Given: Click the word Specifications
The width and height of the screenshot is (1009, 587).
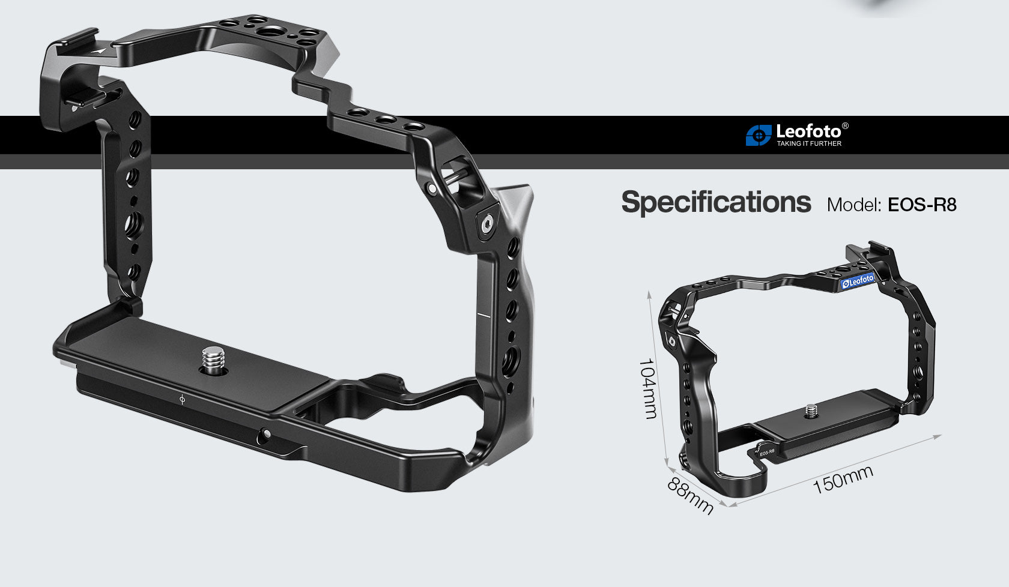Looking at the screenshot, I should (x=715, y=202).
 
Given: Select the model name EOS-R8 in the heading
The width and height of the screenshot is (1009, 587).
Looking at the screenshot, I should (x=921, y=205).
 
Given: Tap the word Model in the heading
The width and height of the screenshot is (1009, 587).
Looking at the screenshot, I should (x=853, y=205).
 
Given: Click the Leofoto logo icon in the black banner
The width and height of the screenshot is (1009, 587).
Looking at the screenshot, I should (x=758, y=136).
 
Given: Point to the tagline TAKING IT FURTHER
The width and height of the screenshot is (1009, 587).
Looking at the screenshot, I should (x=808, y=143).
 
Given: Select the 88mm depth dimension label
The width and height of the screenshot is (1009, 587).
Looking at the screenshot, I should (x=690, y=496).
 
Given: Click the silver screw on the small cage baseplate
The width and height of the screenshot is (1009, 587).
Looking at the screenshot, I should (x=811, y=411).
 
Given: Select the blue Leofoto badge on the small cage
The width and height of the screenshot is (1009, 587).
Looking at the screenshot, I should (x=858, y=281).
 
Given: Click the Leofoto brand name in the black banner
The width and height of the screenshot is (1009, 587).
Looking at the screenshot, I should (x=808, y=131).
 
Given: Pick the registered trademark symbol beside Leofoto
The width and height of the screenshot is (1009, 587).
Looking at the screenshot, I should (x=845, y=126).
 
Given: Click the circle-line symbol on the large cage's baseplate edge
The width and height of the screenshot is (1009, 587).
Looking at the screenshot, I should (x=182, y=399).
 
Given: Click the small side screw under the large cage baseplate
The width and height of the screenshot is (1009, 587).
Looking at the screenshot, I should (x=265, y=433).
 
